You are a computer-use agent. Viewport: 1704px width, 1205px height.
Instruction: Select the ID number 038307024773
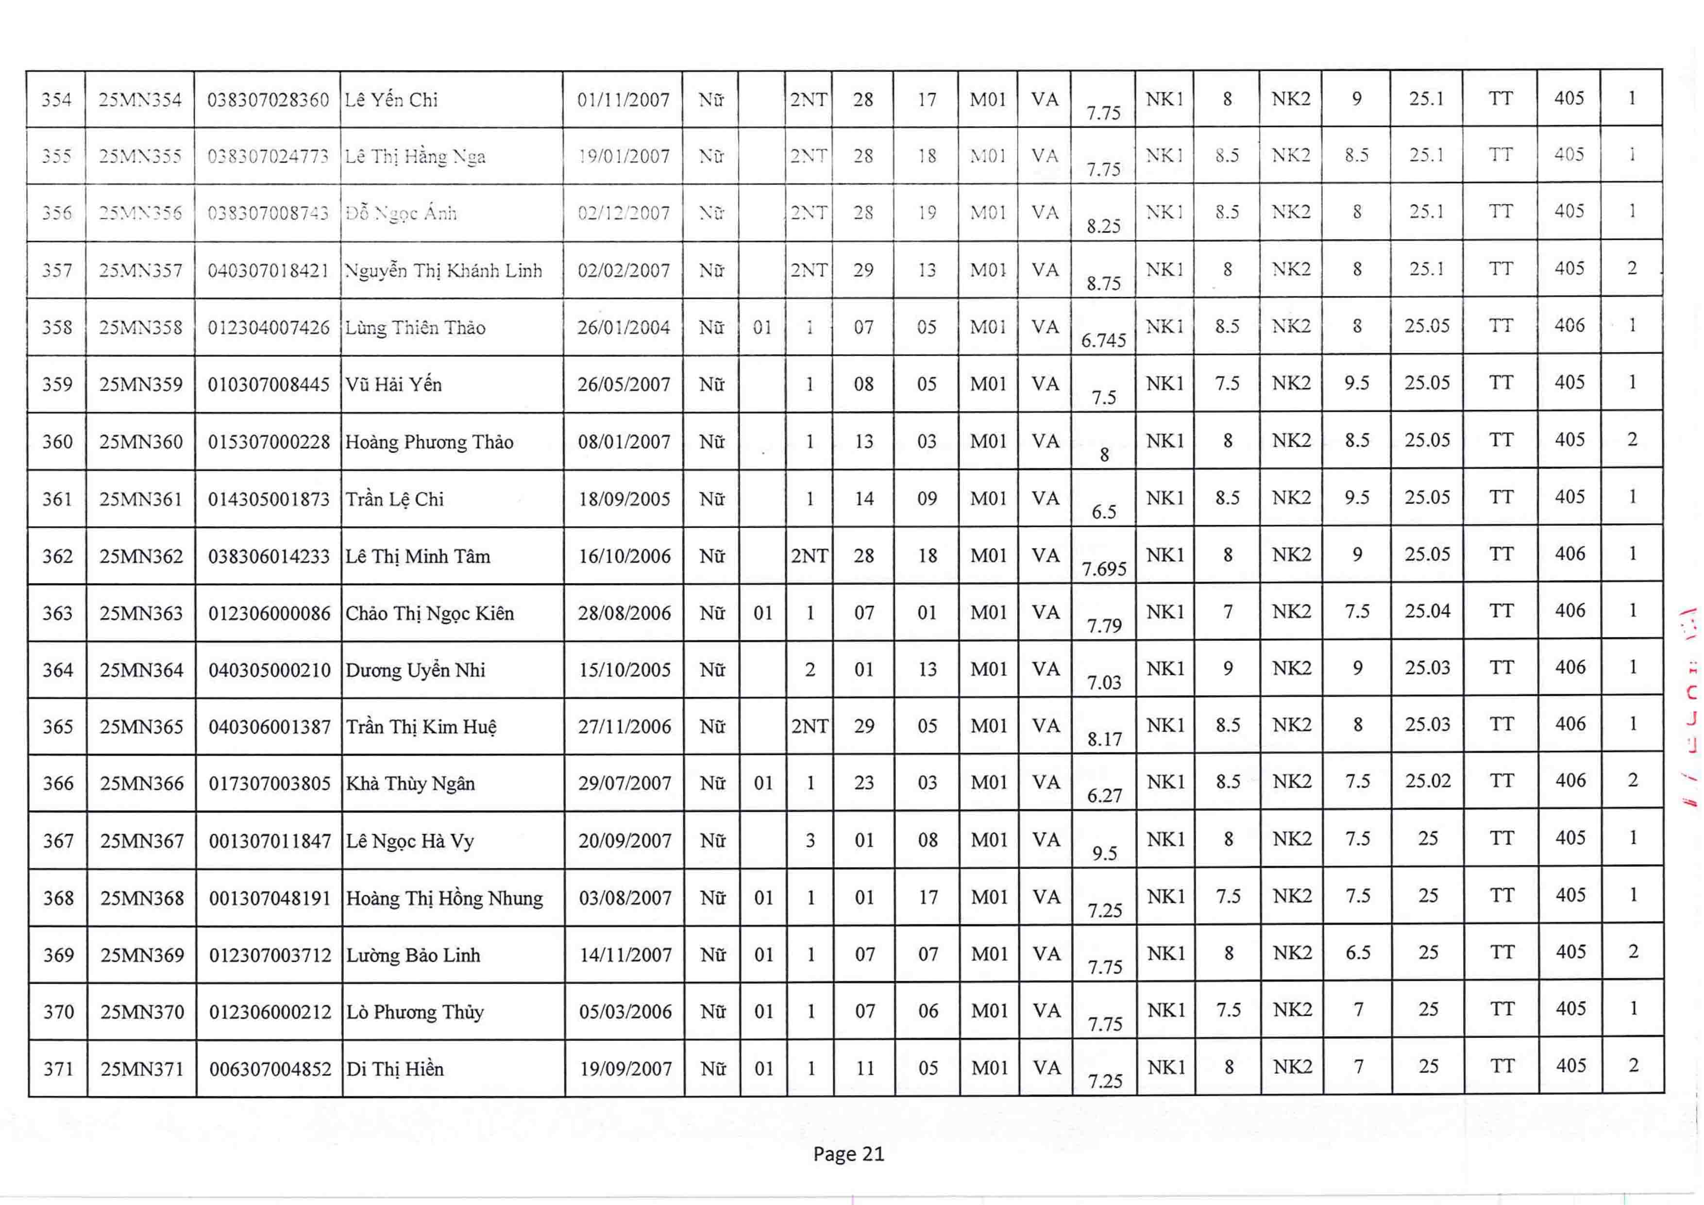pyautogui.click(x=268, y=156)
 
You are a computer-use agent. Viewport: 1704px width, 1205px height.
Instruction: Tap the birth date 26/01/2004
pyautogui.click(x=624, y=327)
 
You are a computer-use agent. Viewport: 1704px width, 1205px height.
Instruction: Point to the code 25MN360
pyautogui.click(x=141, y=441)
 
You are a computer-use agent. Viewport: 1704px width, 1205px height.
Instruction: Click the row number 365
pyautogui.click(x=57, y=726)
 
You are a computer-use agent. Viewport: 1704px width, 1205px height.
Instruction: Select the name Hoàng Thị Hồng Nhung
pyautogui.click(x=444, y=898)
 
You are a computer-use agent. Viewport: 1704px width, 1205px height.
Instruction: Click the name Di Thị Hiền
pyautogui.click(x=395, y=1069)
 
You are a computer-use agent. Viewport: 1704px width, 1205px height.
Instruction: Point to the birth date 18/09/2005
pyautogui.click(x=624, y=499)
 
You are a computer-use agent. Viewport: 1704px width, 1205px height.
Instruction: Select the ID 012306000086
pyautogui.click(x=270, y=613)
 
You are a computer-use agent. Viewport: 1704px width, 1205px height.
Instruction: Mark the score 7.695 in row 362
pyautogui.click(x=1104, y=569)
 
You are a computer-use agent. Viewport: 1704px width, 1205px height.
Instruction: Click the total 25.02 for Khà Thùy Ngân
pyautogui.click(x=1428, y=781)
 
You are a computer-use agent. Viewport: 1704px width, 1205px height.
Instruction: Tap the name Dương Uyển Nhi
pyautogui.click(x=416, y=670)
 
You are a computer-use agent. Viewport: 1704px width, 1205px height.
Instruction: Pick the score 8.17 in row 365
pyautogui.click(x=1104, y=739)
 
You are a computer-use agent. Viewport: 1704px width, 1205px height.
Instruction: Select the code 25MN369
pyautogui.click(x=142, y=955)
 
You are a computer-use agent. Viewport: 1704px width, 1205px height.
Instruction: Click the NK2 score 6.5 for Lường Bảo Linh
pyautogui.click(x=1358, y=953)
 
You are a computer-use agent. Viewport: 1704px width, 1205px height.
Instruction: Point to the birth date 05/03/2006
pyautogui.click(x=625, y=1011)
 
